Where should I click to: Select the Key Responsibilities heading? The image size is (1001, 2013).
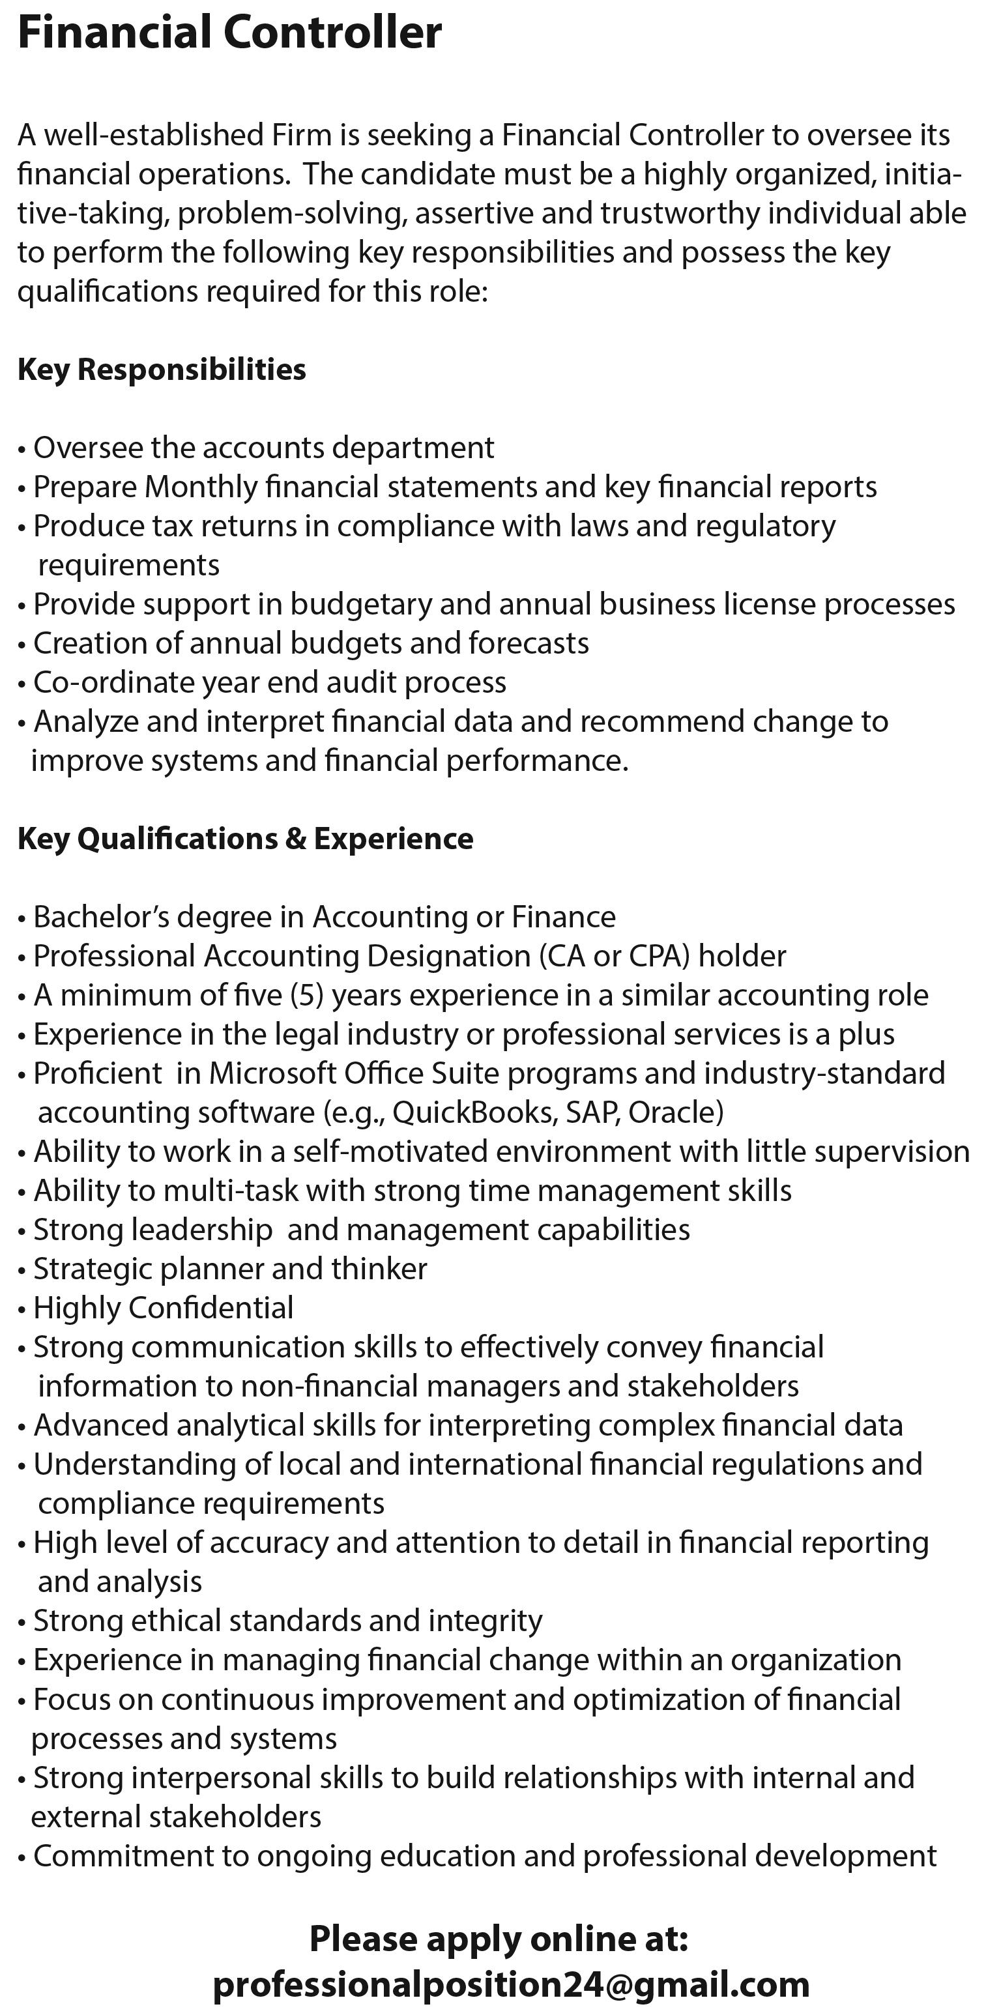162,369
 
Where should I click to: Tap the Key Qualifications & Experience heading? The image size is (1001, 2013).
246,839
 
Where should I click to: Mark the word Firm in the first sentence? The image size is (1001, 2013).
302,135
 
